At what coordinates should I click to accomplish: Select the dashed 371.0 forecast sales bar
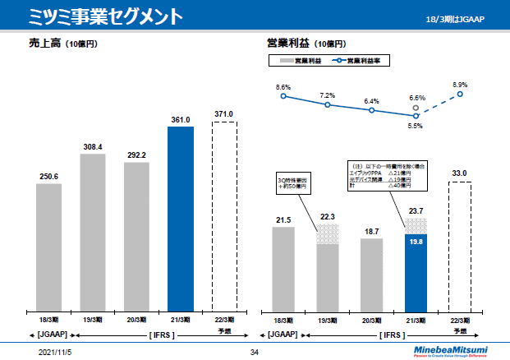pyautogui.click(x=224, y=216)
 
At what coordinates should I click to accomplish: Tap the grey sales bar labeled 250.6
pyautogui.click(x=48, y=247)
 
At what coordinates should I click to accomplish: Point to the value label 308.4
pyautogui.click(x=93, y=147)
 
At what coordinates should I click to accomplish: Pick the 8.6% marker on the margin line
pyautogui.click(x=283, y=96)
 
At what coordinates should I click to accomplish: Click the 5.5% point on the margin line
pyautogui.click(x=416, y=116)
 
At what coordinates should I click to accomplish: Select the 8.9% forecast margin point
pyautogui.click(x=461, y=94)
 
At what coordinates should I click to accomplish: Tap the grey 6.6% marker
pyautogui.click(x=416, y=107)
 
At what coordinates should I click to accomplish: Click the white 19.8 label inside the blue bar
pyautogui.click(x=416, y=242)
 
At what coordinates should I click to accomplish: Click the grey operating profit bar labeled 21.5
pyautogui.click(x=283, y=269)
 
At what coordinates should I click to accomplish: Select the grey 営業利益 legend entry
pyautogui.click(x=299, y=61)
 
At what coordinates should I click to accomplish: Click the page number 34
pyautogui.click(x=254, y=352)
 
